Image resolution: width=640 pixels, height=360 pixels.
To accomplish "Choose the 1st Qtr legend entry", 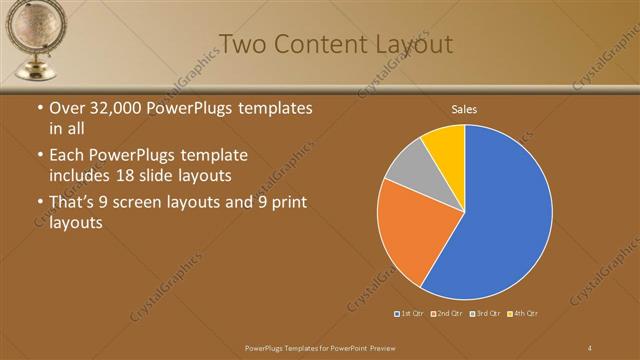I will pyautogui.click(x=409, y=314).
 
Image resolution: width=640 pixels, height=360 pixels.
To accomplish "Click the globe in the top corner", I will pyautogui.click(x=34, y=30).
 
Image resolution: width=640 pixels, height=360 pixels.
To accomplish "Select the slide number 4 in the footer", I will pyautogui.click(x=590, y=347).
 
